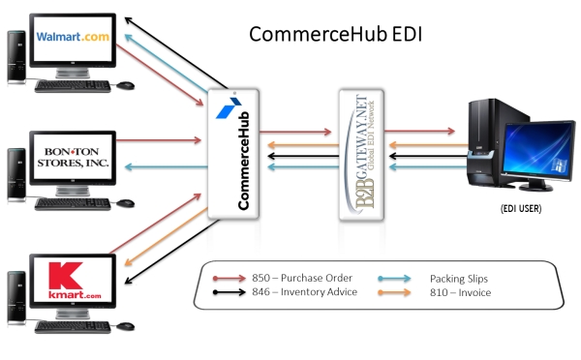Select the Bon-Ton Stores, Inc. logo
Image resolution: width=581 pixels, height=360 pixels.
pos(74,158)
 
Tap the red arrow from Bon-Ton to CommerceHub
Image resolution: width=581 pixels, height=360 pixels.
pos(165,139)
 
